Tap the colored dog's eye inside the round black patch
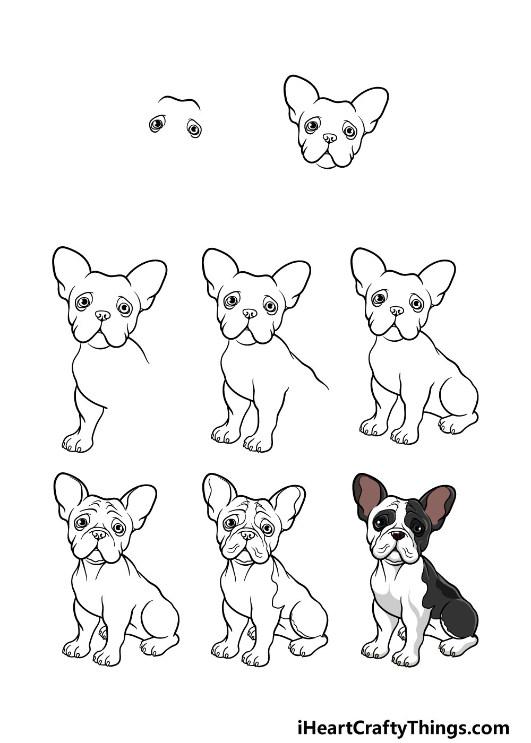pyautogui.click(x=380, y=523)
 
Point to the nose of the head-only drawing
pyautogui.click(x=329, y=137)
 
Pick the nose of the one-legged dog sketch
pyautogui.click(x=102, y=315)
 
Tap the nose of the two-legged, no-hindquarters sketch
pyautogui.click(x=249, y=314)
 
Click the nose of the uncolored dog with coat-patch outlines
pyautogui.click(x=247, y=535)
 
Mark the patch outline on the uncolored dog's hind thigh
pyautogui.click(x=301, y=627)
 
